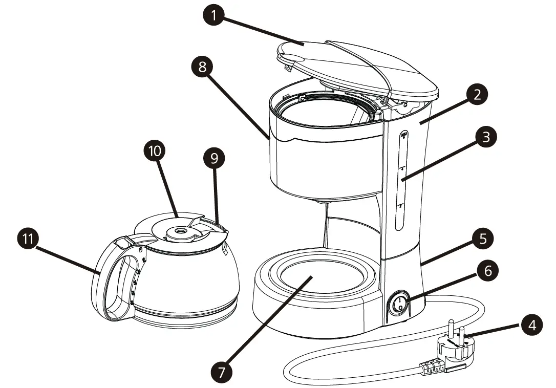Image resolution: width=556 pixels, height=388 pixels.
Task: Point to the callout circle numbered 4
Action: [532, 326]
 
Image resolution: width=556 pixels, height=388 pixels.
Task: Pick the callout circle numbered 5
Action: [483, 239]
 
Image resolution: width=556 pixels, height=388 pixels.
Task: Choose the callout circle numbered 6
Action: [487, 270]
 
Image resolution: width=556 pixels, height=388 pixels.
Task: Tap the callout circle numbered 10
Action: [155, 151]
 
